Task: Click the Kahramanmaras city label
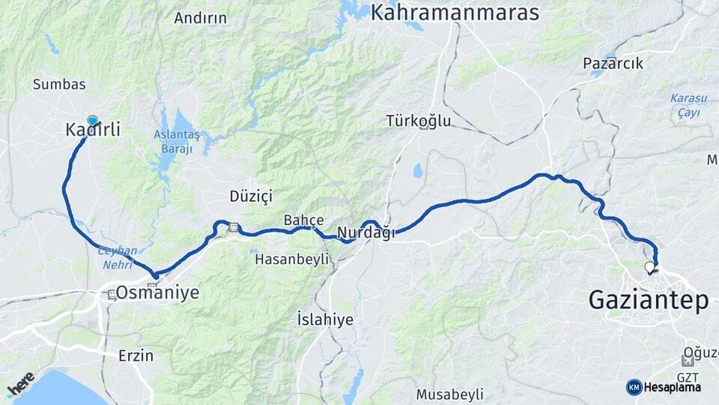click(455, 13)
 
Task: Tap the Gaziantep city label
click(649, 300)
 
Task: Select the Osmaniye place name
click(162, 292)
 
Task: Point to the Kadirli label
click(93, 130)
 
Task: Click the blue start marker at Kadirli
click(92, 120)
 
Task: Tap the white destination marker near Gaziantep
click(649, 266)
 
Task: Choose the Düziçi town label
click(251, 196)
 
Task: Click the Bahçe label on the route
click(303, 220)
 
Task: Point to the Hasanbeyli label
click(292, 259)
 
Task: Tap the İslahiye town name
click(325, 319)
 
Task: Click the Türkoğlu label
click(419, 120)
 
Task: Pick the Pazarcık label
click(613, 64)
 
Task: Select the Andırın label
click(200, 18)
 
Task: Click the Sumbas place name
click(59, 85)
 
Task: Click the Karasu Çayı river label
click(685, 105)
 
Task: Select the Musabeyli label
click(450, 394)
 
